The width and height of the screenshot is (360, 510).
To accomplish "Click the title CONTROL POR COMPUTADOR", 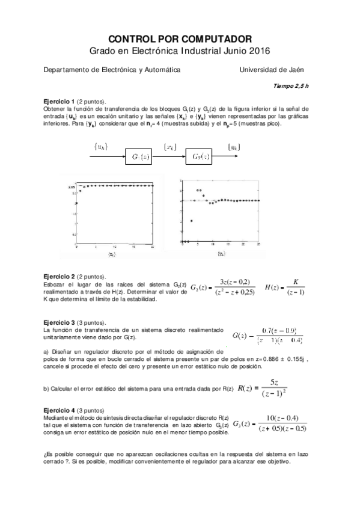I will coord(180,38).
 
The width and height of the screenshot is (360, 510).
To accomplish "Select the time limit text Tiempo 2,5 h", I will coord(291,86).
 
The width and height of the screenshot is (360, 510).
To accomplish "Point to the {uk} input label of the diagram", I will coord(100,147).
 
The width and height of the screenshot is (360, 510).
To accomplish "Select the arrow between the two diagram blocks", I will coord(171,157).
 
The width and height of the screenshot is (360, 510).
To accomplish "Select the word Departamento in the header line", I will coord(63,70).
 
